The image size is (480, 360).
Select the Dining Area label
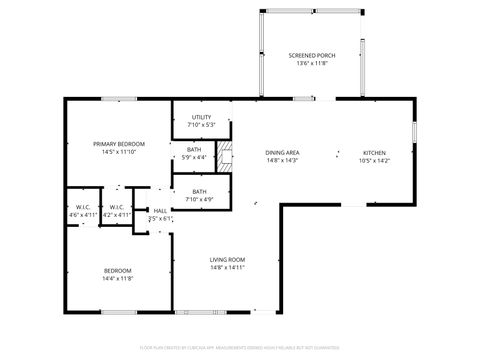pyautogui.click(x=283, y=153)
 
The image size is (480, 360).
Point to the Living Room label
pyautogui.click(x=227, y=260)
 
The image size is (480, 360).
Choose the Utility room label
pyautogui.click(x=201, y=117)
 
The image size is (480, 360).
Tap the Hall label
pyautogui.click(x=159, y=211)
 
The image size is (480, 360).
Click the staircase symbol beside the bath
pyautogui.click(x=225, y=154)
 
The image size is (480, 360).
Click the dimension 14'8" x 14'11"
pyautogui.click(x=227, y=268)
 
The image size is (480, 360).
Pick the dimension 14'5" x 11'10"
pyautogui.click(x=114, y=153)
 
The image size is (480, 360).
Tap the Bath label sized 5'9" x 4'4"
pyautogui.click(x=193, y=149)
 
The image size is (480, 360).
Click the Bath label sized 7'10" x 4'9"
pyautogui.click(x=199, y=191)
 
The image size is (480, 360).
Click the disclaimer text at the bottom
pyautogui.click(x=240, y=349)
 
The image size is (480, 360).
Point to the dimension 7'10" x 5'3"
pyautogui.click(x=201, y=125)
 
